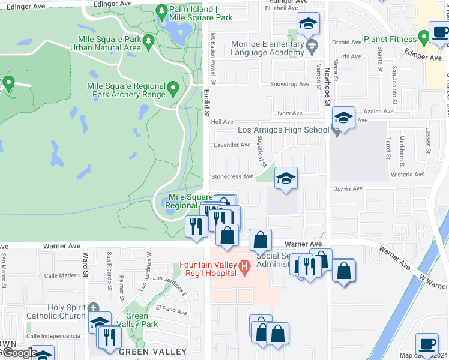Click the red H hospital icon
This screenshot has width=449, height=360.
coord(244,266)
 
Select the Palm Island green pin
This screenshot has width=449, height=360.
coord(161,11)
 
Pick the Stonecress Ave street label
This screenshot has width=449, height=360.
coord(232,176)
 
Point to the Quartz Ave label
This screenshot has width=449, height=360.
coord(349,188)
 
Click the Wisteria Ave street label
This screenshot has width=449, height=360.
coord(407,174)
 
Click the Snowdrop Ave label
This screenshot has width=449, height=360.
coord(289,84)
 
